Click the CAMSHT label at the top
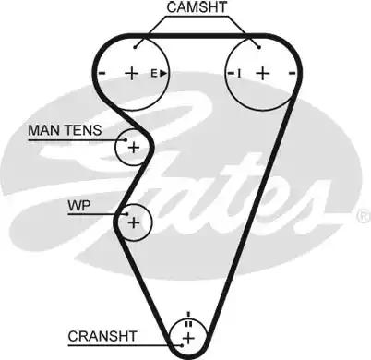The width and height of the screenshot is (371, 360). [x=196, y=8]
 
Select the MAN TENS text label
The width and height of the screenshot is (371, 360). [x=66, y=131]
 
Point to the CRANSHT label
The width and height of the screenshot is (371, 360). [x=102, y=335]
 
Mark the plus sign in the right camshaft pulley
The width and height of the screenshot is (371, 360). [x=262, y=73]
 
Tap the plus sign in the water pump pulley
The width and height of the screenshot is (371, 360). [x=135, y=222]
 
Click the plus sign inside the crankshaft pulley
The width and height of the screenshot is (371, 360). [x=188, y=340]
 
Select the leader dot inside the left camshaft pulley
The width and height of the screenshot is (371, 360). [x=136, y=46]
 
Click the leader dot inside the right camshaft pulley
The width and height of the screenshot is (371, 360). [x=260, y=46]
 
